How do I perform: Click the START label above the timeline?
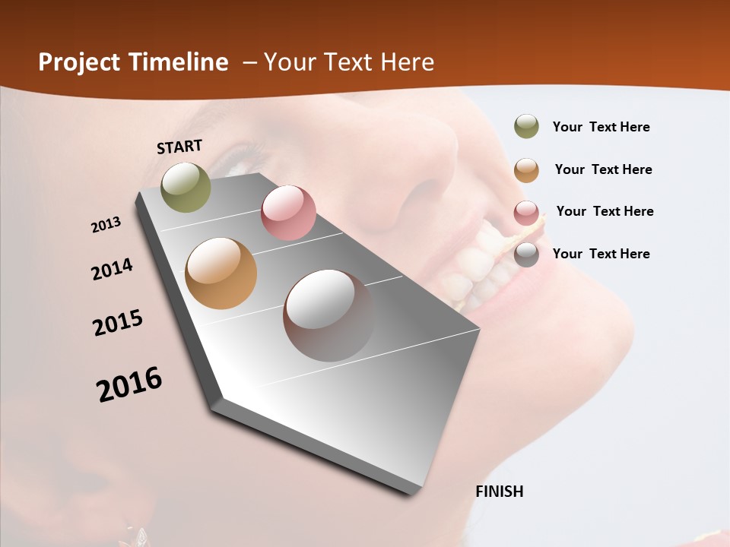click(179, 147)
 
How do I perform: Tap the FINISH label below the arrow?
click(500, 492)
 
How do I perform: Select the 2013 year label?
click(106, 225)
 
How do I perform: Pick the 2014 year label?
click(112, 270)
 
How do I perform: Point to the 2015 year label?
click(118, 323)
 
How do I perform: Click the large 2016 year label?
click(129, 384)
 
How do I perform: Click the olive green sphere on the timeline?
click(186, 187)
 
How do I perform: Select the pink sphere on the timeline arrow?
click(288, 213)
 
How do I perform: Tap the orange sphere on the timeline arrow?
click(221, 273)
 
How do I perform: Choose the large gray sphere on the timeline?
click(328, 315)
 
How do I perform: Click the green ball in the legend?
click(526, 126)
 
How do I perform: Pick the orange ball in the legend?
click(526, 170)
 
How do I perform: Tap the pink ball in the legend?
click(526, 213)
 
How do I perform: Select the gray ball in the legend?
click(526, 255)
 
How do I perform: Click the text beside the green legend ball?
click(601, 127)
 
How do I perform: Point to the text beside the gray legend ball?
click(601, 254)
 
